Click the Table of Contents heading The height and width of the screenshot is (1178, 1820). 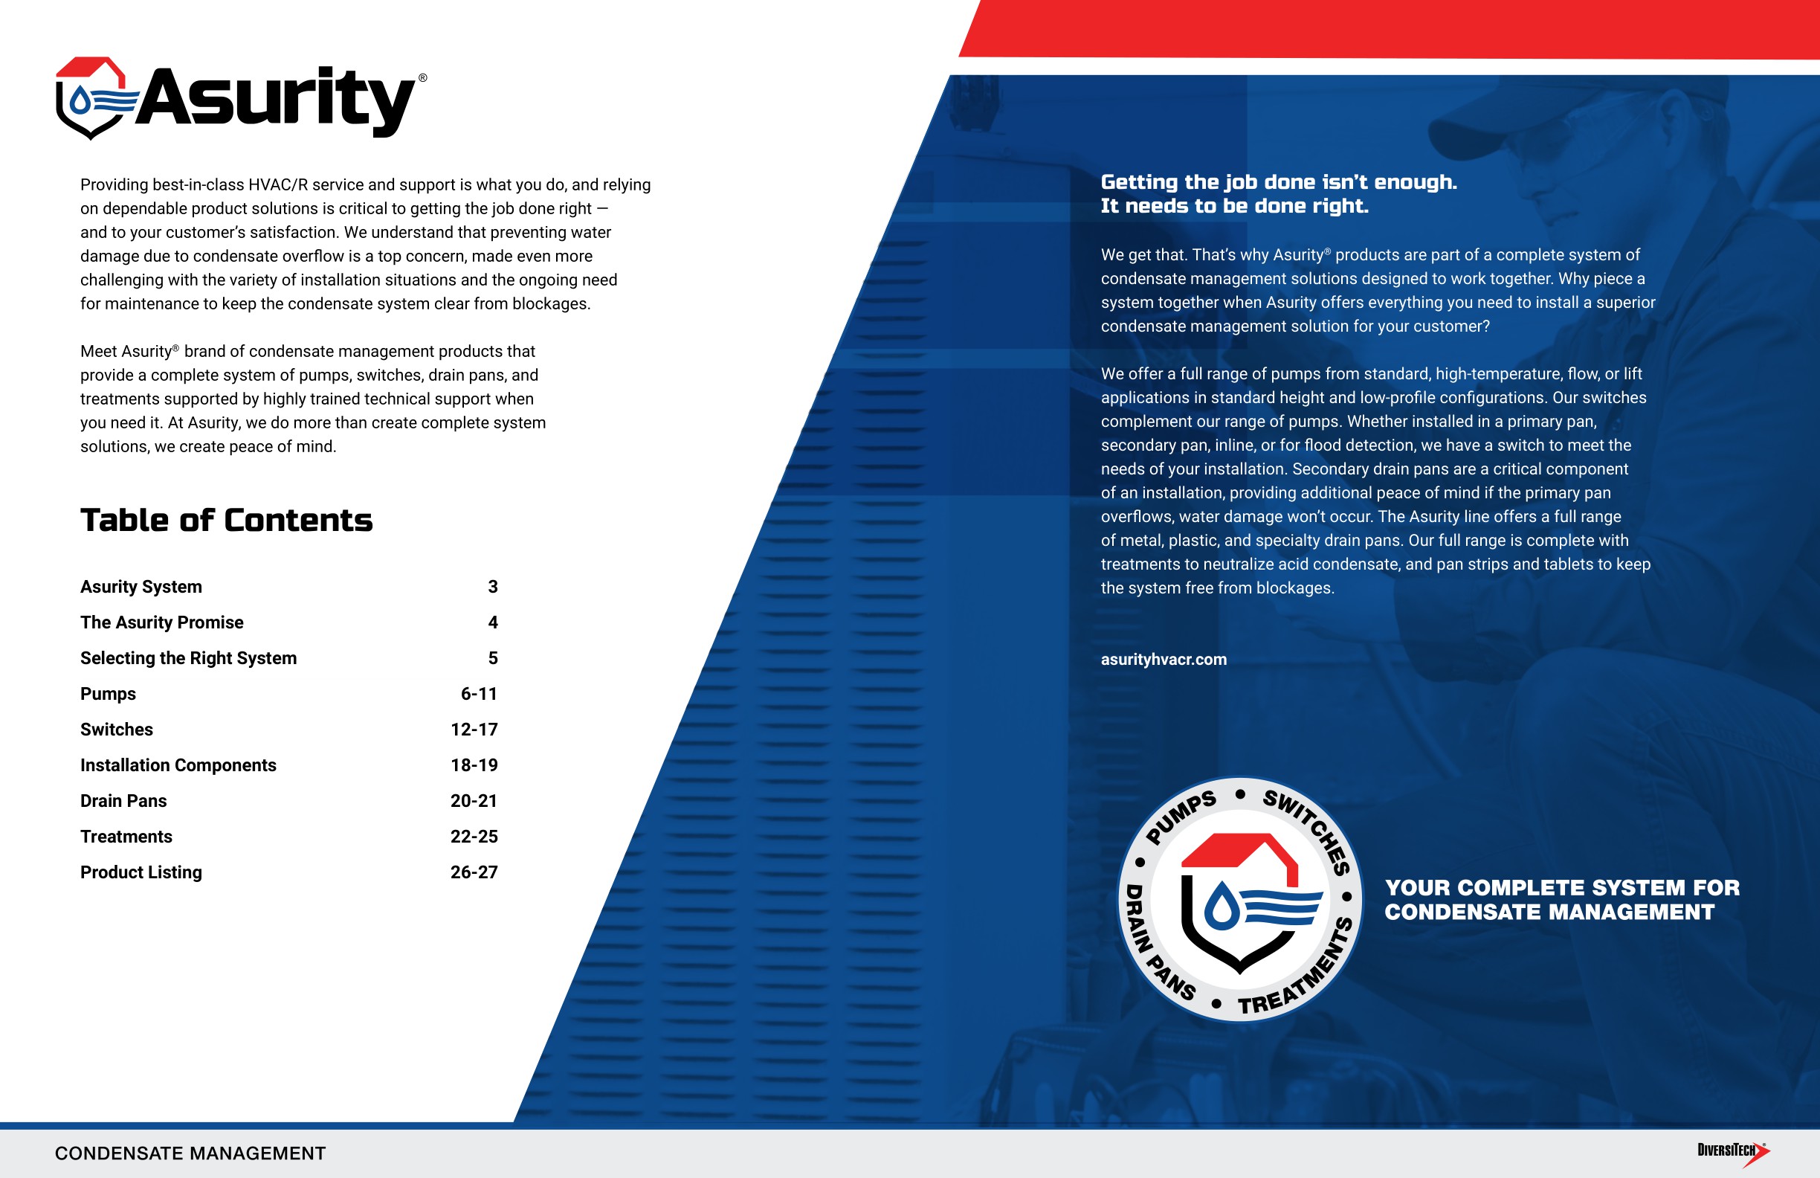coord(226,520)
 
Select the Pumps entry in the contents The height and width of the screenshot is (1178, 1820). coord(108,694)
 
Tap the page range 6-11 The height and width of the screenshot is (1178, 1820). coord(479,694)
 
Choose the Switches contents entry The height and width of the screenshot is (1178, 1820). coord(116,730)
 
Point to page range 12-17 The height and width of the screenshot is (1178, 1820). coord(474,730)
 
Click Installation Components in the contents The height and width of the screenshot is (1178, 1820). coord(178,765)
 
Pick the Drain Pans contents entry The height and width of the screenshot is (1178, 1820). coord(123,801)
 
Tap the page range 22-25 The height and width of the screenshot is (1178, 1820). coord(474,837)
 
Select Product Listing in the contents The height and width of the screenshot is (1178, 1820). coord(141,872)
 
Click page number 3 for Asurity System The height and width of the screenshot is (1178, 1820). coord(492,587)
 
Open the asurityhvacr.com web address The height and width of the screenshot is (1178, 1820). coord(1163,660)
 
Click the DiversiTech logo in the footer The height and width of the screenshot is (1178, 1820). coord(1733,1152)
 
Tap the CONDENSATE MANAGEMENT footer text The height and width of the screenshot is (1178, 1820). coord(190,1153)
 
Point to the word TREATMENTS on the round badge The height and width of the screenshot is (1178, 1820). coord(1300,971)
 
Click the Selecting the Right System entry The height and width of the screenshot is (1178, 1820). coord(188,659)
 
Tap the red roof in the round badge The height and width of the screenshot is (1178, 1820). coord(1239,851)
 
